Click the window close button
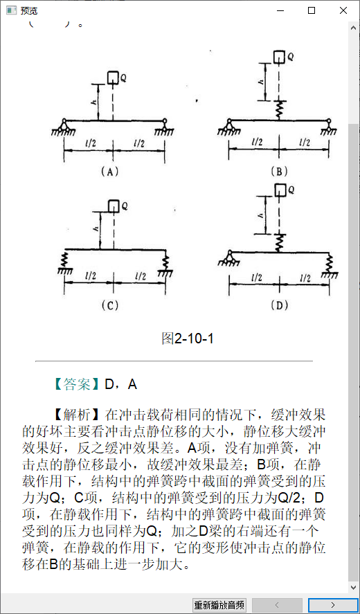[x=343, y=10]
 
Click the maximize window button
[x=312, y=10]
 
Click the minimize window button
[x=280, y=10]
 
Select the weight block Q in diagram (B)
[x=279, y=57]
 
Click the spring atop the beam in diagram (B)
[x=279, y=111]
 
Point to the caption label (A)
[x=109, y=171]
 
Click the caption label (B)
[x=279, y=171]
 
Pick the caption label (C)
[x=109, y=305]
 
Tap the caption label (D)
[x=279, y=305]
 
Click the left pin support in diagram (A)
[x=64, y=127]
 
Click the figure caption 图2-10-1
[x=188, y=338]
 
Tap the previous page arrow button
[x=277, y=605]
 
